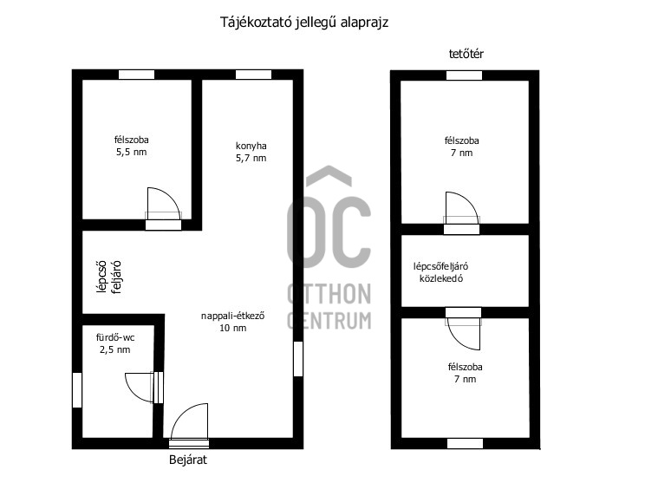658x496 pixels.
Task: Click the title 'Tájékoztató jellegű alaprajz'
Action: (304, 23)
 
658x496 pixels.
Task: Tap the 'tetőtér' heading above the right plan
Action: (466, 54)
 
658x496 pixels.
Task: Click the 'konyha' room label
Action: (251, 146)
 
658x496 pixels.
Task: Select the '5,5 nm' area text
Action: (132, 153)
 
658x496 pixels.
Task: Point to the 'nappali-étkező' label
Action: (233, 316)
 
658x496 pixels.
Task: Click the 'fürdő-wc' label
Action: (115, 338)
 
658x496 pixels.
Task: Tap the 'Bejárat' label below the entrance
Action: (188, 460)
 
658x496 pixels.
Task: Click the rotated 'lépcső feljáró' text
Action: (108, 277)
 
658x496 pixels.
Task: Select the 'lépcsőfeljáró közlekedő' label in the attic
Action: (441, 272)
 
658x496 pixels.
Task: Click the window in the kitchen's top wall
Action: (253, 75)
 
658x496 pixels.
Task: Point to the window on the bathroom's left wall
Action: (77, 390)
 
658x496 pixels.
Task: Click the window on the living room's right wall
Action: (298, 359)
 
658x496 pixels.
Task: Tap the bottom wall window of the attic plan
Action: (465, 444)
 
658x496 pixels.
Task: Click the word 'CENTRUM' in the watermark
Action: (329, 321)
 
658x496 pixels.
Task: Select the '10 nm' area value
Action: (233, 328)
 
